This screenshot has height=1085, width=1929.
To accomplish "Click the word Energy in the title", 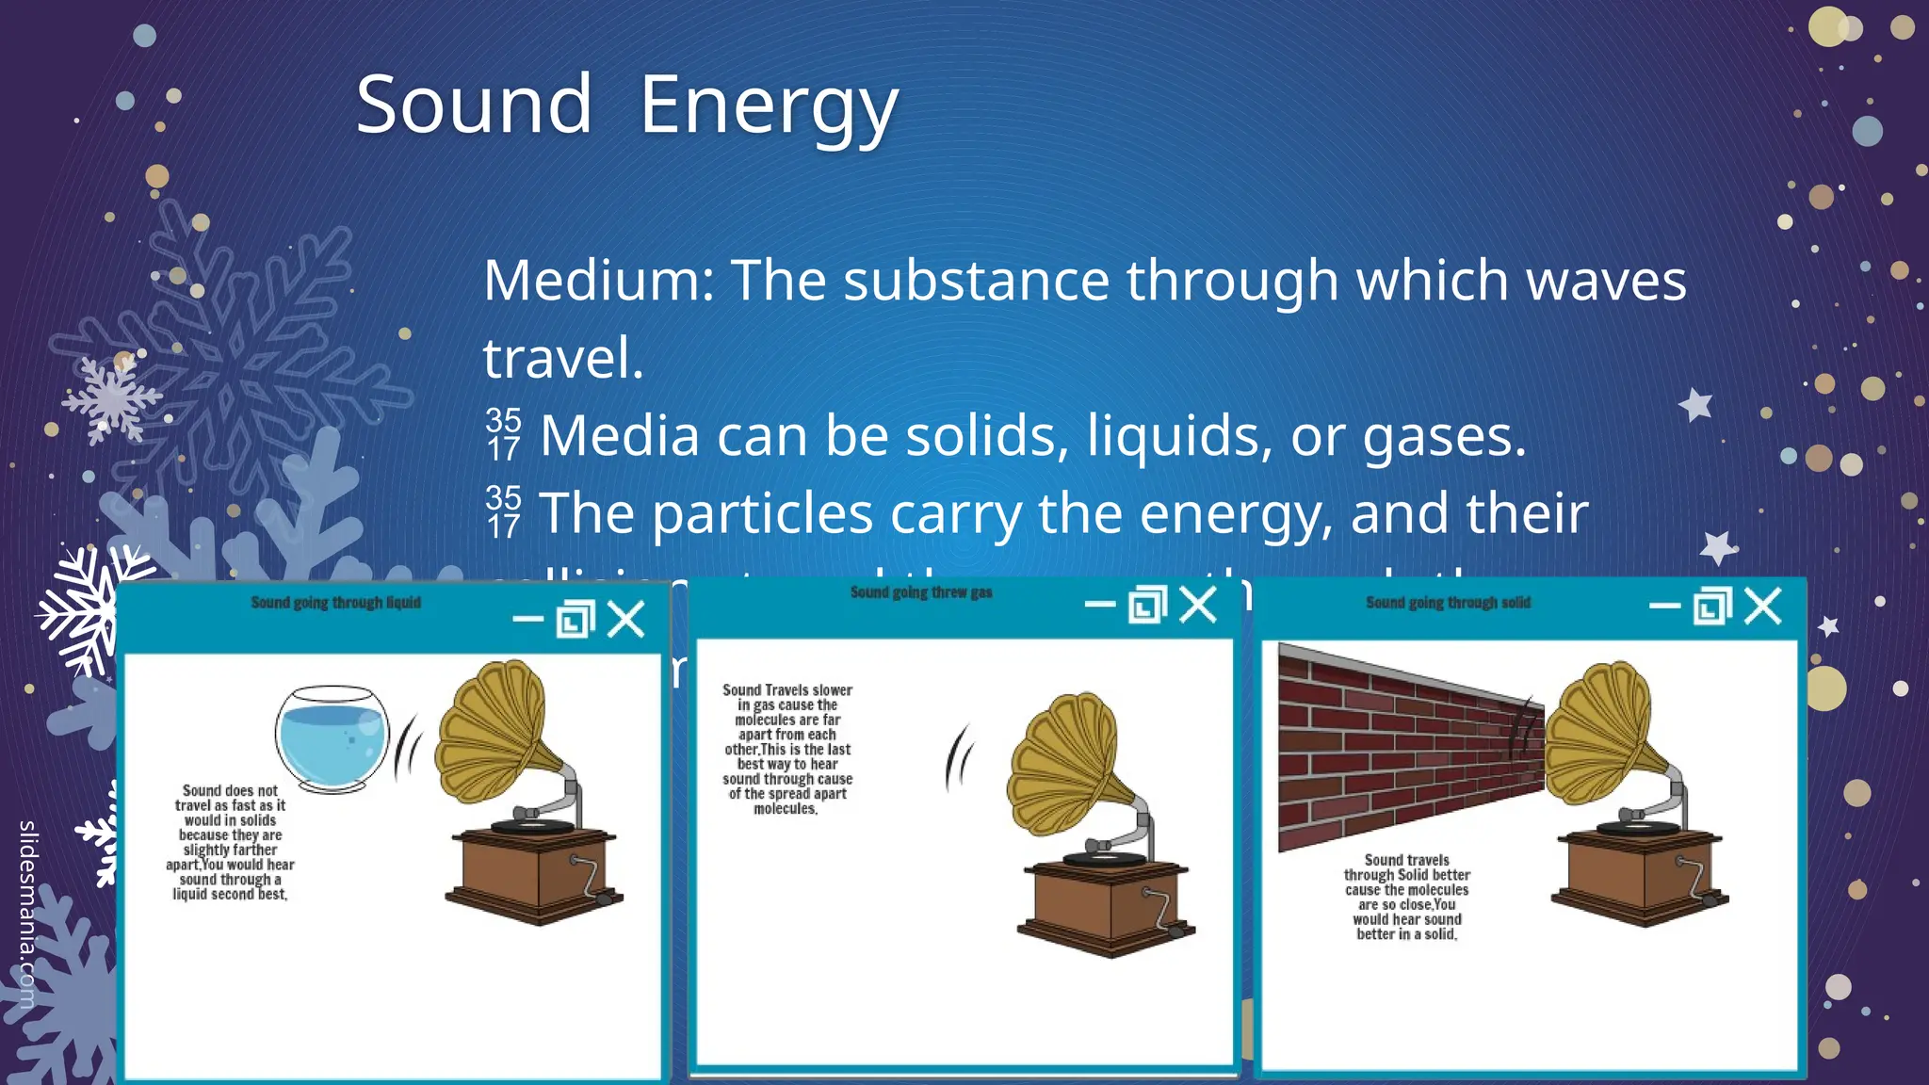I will click(x=769, y=106).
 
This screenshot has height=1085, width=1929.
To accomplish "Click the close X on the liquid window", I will click(x=626, y=620).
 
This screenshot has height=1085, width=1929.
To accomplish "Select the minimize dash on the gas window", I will click(x=1099, y=604).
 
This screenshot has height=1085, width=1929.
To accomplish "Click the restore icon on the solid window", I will click(x=1711, y=606).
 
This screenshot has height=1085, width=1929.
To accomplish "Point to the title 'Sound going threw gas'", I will click(x=920, y=592).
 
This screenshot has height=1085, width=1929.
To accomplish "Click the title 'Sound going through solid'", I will click(x=1448, y=603).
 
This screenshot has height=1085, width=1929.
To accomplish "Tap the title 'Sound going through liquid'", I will click(x=335, y=603).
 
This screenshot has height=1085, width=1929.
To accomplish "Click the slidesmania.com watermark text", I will click(x=27, y=914).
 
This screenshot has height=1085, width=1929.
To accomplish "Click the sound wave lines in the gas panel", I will click(x=959, y=758).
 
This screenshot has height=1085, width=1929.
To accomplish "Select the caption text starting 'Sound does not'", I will click(x=231, y=842).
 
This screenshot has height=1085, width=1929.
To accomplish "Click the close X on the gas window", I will click(x=1198, y=605).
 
